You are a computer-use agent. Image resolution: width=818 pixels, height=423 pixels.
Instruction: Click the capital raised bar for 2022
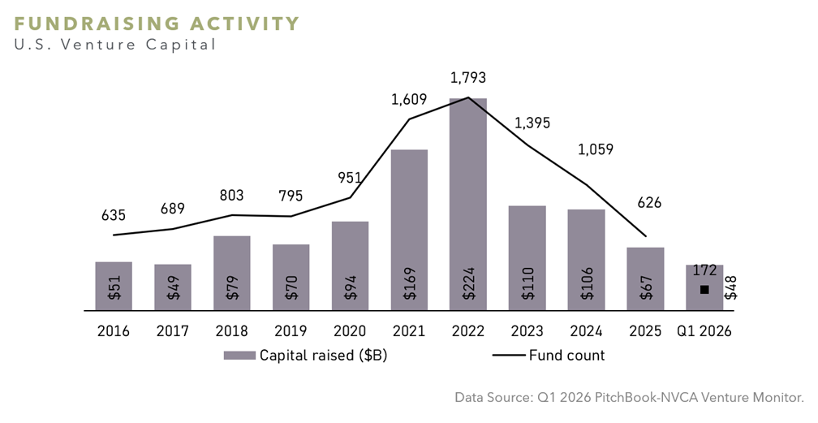(468, 204)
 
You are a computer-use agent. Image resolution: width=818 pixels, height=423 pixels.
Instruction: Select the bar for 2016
(114, 286)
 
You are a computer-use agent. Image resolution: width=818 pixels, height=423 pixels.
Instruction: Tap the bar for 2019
(291, 278)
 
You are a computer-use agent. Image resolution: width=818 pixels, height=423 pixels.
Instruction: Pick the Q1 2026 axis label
(704, 331)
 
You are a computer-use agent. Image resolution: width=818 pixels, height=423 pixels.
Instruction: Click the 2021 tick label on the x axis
(409, 331)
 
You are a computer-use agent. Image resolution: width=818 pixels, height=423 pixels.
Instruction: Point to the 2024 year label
(587, 331)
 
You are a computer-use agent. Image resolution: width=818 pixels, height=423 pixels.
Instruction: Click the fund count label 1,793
(468, 78)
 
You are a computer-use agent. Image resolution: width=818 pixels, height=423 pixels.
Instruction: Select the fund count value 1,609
(409, 99)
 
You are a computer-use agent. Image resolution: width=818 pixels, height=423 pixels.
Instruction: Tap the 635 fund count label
(114, 215)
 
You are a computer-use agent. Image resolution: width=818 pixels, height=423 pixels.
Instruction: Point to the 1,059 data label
(596, 149)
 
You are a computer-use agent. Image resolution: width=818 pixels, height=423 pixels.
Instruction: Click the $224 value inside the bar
(468, 283)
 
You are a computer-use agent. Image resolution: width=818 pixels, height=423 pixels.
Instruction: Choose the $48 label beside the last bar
(731, 287)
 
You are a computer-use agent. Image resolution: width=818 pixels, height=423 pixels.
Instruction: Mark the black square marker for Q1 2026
(704, 289)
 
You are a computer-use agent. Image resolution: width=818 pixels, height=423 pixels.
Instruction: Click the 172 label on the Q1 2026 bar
(704, 270)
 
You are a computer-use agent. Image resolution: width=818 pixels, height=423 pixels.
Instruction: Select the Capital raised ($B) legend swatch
(239, 356)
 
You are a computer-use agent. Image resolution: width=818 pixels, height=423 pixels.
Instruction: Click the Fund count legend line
(509, 356)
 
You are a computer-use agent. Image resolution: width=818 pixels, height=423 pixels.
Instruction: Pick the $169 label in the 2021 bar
(410, 283)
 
